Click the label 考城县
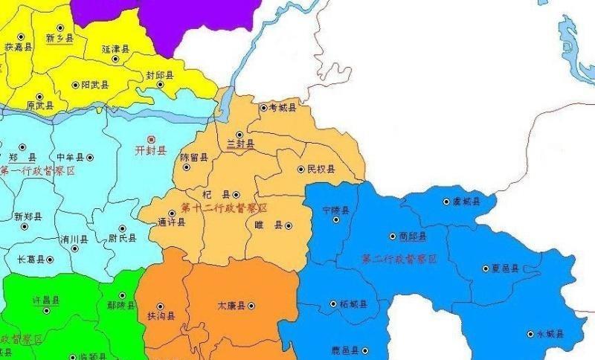282,109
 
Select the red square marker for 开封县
152,139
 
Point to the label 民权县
321,170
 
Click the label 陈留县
194,158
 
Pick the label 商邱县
412,237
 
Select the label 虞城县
466,201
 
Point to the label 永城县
550,334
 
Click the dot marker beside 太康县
251,306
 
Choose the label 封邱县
159,75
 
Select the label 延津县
115,49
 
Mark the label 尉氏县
122,238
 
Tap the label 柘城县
353,304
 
